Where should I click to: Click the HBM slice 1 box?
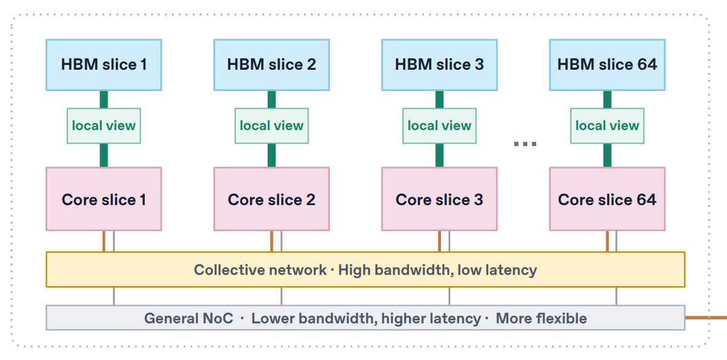[x=104, y=65]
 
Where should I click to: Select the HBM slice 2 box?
[x=271, y=65]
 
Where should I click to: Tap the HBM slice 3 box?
[x=439, y=65]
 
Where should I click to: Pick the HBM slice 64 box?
[x=607, y=65]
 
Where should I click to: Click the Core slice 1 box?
[x=104, y=199]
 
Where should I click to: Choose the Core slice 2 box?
[x=271, y=199]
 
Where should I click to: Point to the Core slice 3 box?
[x=439, y=199]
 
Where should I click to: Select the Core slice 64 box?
[x=607, y=199]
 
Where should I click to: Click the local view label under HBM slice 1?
[x=104, y=126]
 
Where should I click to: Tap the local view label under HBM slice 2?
[x=271, y=126]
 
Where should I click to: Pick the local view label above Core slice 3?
[x=439, y=126]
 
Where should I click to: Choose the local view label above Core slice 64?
[x=607, y=126]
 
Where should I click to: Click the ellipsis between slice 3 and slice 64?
[x=525, y=144]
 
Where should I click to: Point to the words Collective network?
[x=261, y=270]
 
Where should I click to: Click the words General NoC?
[x=188, y=318]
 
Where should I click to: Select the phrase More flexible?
[x=542, y=318]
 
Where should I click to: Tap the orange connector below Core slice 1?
[x=104, y=241]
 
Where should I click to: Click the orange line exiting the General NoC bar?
[x=706, y=318]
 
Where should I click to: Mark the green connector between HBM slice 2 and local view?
[x=271, y=99]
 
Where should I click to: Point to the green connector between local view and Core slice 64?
[x=607, y=155]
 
